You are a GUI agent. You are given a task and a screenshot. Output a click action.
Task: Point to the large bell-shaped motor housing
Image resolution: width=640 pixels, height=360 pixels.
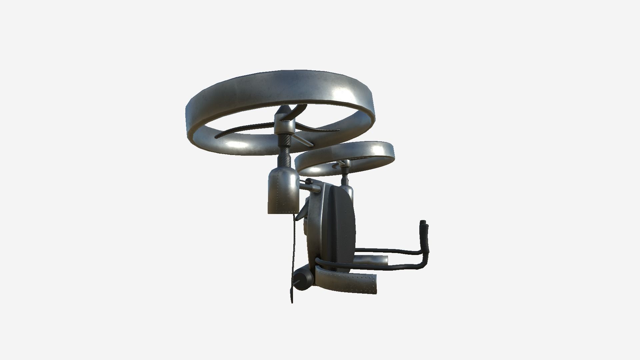point(283,190)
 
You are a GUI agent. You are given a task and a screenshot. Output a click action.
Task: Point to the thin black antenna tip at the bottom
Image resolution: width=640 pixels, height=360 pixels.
point(292,298)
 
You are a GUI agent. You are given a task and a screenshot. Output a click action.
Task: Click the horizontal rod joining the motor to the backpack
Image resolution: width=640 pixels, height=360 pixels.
point(305,187)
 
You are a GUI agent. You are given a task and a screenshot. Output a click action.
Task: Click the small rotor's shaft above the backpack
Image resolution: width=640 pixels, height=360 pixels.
point(345,179)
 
